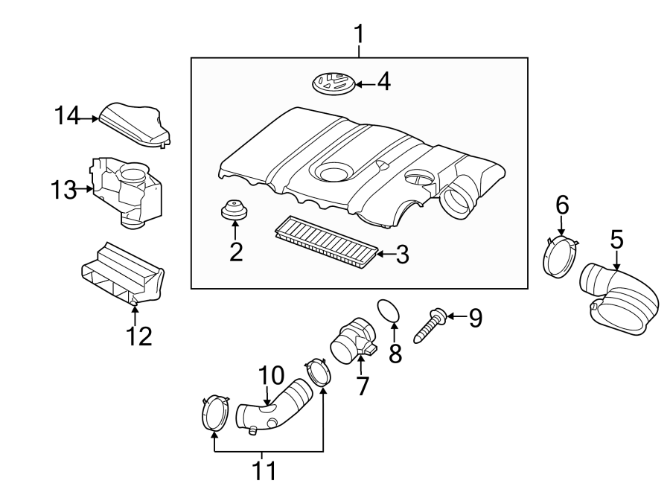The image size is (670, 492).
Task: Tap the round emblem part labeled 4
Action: click(332, 83)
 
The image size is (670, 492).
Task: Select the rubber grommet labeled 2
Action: click(235, 210)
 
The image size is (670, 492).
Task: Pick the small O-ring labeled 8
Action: click(389, 312)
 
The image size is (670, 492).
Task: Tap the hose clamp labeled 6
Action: click(562, 256)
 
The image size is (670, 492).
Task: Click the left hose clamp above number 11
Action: click(214, 414)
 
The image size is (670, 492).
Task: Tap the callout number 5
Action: click(617, 239)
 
